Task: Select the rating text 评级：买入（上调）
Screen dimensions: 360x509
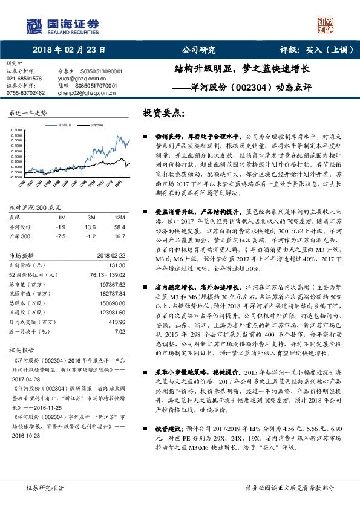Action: [310, 50]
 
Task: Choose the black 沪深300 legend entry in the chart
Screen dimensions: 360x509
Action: [96, 125]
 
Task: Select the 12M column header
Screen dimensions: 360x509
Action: [119, 216]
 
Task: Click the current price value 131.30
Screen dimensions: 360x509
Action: [116, 264]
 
